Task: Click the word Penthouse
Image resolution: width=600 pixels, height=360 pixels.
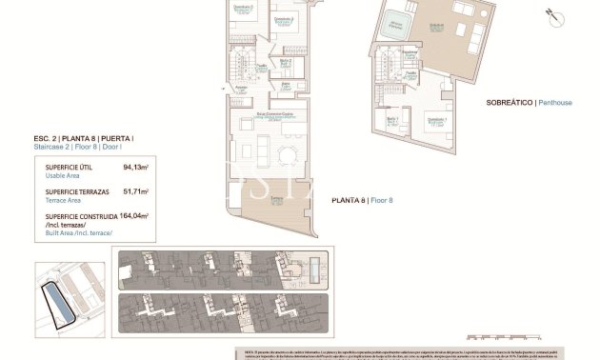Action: pos(555,102)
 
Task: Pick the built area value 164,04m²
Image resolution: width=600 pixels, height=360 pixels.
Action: pos(134,216)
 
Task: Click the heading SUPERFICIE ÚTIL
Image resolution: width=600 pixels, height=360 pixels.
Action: pos(69,166)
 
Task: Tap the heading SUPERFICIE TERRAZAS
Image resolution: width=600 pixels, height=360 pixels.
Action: pos(75,190)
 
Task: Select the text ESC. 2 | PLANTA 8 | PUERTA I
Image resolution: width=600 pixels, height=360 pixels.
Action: pos(83,139)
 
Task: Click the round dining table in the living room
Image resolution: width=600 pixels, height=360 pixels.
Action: pos(286,154)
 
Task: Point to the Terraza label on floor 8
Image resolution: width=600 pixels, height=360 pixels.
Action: pos(277,199)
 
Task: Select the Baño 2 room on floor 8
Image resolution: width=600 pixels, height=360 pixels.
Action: pos(285,65)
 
